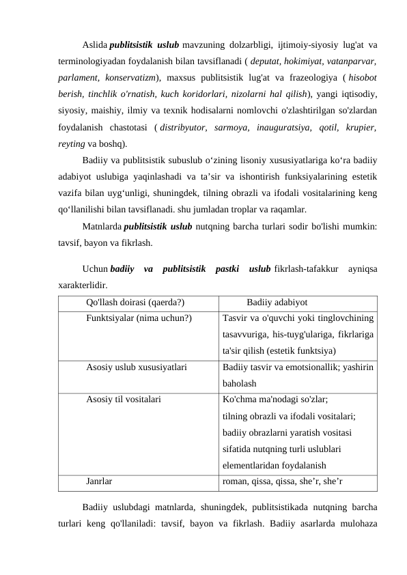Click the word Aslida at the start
94,45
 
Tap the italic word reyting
70,143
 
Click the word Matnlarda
102,225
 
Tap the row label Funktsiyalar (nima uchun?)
139,318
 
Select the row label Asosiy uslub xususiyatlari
137,367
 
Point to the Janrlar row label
100,481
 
